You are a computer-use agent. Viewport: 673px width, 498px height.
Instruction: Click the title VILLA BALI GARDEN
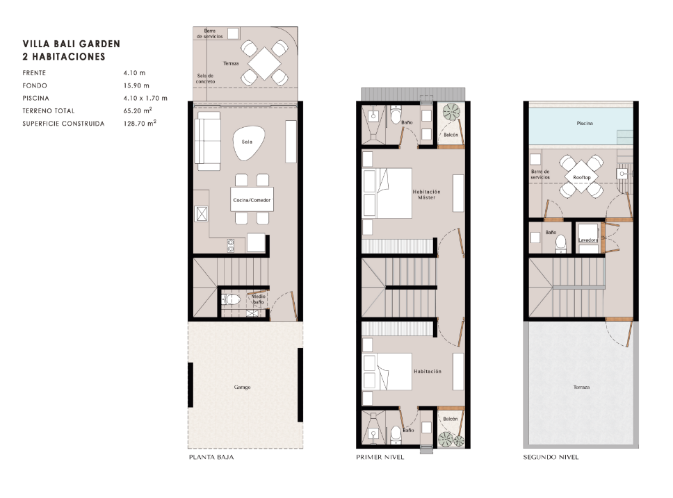(71, 44)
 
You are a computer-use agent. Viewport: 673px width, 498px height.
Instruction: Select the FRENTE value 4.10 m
(134, 73)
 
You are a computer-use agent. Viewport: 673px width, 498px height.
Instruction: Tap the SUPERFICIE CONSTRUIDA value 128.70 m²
(140, 123)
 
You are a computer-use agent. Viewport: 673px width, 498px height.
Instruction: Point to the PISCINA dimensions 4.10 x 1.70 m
(145, 98)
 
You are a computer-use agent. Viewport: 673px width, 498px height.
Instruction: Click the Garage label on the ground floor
(242, 388)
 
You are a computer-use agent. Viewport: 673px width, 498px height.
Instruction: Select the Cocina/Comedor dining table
(252, 199)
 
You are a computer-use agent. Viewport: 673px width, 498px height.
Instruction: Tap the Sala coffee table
(247, 143)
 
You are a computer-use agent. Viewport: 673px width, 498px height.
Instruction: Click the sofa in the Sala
(208, 141)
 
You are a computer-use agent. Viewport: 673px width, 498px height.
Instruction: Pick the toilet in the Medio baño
(231, 299)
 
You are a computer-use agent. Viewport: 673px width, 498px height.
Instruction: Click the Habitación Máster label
(427, 194)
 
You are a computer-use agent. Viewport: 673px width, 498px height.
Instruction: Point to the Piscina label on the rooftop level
(585, 124)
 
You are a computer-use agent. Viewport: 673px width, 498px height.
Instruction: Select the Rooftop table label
(582, 177)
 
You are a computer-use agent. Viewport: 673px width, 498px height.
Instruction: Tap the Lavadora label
(587, 240)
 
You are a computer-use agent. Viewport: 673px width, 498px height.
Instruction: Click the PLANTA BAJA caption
(211, 457)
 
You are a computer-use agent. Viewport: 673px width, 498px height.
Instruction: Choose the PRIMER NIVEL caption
(380, 457)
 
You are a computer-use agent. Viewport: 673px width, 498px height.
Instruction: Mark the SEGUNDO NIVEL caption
(551, 457)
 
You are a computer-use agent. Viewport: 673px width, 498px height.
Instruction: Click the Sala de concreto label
(206, 78)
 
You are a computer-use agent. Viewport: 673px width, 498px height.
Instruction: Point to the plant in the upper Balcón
(451, 112)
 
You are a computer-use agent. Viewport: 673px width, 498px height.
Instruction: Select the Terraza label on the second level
(582, 388)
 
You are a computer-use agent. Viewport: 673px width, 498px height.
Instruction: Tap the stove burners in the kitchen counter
(231, 245)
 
